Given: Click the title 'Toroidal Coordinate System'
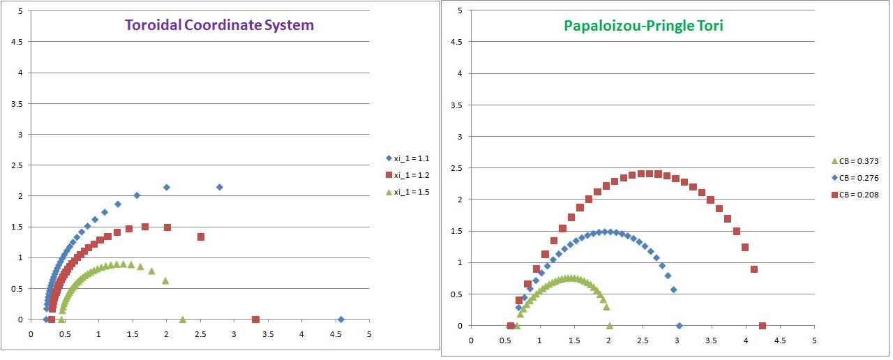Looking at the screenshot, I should pos(219,25).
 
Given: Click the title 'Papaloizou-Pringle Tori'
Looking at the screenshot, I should pos(634,26).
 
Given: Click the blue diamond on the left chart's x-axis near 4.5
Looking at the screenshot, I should pos(340,320).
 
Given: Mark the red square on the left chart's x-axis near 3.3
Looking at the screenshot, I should pos(255,320).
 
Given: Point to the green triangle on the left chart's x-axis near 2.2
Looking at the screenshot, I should pos(183,320).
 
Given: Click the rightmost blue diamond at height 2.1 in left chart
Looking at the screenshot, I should pos(220,187).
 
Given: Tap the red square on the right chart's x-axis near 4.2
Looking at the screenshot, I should pos(762,326).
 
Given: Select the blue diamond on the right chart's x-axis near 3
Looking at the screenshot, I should pos(679,326).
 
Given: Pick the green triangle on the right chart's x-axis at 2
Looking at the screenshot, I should pos(610,326).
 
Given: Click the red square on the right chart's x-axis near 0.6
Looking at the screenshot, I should pos(511,326).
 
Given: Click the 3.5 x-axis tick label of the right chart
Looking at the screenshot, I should pos(711,340).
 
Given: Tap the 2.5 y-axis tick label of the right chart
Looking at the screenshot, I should pos(458,168).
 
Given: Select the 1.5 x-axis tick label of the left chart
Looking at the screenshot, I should pos(132,334).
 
